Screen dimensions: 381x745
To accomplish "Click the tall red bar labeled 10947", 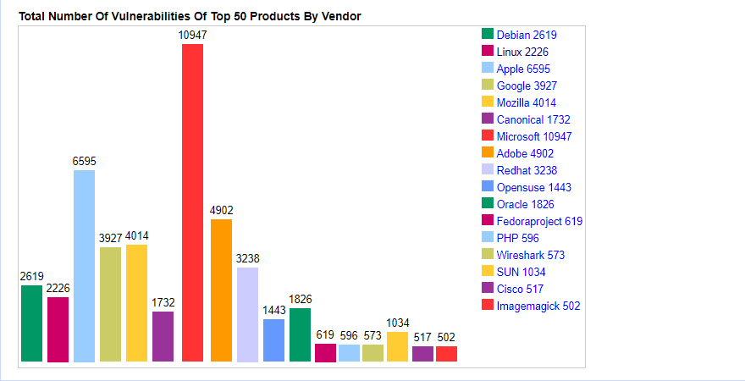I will tap(192, 203).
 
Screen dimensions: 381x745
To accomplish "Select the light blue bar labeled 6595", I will tap(84, 266).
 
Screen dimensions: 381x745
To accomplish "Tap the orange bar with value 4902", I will tap(221, 290).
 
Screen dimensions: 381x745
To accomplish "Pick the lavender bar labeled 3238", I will tap(247, 315).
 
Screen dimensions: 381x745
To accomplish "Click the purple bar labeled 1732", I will tap(163, 336).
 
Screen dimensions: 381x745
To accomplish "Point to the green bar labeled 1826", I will tap(300, 334).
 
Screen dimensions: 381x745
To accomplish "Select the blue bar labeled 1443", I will tap(273, 340).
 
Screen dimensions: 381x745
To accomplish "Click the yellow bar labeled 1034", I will tap(397, 346).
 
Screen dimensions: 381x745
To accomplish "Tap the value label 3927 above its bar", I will tap(111, 238).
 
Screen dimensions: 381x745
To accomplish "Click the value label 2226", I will tap(58, 288).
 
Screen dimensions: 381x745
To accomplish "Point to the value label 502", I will tap(446, 337).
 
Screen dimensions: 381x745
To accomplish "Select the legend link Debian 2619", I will tap(527, 35).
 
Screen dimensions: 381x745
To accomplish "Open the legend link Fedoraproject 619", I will tap(539, 221).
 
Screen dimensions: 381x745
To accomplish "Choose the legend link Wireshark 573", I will tap(531, 255).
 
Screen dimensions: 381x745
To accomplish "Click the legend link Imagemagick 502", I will tap(538, 306).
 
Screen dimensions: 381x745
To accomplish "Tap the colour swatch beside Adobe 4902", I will tap(488, 152).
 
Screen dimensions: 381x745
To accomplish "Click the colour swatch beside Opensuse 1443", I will tap(488, 186).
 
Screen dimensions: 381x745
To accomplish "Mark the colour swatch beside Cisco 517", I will tap(488, 288).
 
